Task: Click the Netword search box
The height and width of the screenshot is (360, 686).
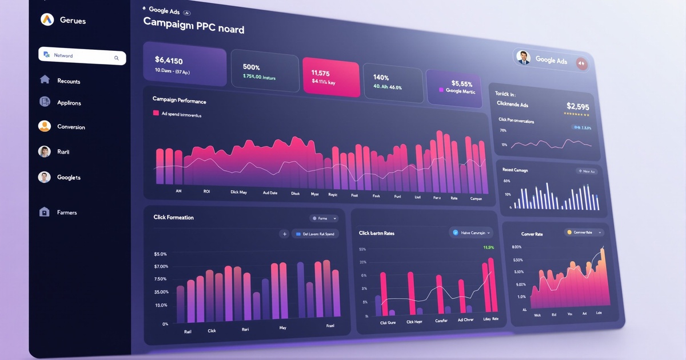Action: click(x=82, y=56)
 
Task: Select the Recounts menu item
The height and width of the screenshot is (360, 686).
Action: click(x=69, y=81)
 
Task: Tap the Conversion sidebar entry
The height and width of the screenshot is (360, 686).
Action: click(x=71, y=127)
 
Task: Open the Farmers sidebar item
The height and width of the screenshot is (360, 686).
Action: click(x=67, y=213)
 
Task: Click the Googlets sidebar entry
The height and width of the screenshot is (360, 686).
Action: click(x=69, y=178)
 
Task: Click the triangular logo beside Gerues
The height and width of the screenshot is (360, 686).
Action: click(x=47, y=20)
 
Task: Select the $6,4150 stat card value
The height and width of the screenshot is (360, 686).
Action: click(x=169, y=60)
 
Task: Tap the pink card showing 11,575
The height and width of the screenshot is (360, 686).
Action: click(x=330, y=77)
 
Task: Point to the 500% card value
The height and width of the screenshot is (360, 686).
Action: click(x=252, y=67)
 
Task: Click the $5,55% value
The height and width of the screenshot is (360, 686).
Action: click(x=462, y=83)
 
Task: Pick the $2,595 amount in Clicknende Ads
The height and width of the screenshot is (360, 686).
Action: click(x=577, y=106)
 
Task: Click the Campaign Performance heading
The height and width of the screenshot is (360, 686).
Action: click(x=179, y=100)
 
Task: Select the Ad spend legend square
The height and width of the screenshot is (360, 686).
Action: click(x=155, y=113)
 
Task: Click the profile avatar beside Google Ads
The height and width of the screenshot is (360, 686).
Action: click(x=523, y=57)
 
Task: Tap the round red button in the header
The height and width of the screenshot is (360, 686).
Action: click(x=582, y=64)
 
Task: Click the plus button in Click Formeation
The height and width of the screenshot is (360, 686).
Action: click(x=284, y=234)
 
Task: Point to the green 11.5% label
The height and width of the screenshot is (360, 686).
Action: click(x=488, y=247)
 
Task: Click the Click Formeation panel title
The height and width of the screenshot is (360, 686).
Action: click(x=173, y=217)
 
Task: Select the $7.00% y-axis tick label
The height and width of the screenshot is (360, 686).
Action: click(x=161, y=266)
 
